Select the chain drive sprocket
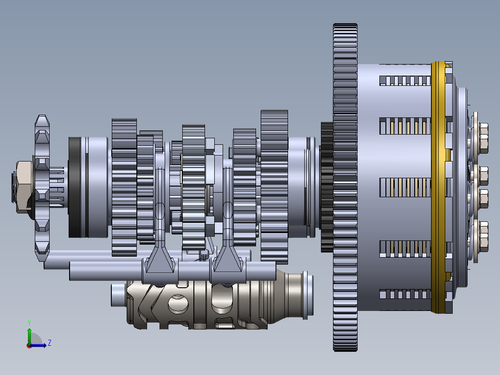[42, 139]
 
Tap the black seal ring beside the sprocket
[74, 187]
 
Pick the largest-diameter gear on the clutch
[345, 186]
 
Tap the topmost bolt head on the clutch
[481, 138]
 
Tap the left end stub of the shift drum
[118, 296]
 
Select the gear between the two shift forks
[193, 186]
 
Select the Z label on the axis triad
[49, 343]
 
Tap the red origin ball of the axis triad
[29, 345]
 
